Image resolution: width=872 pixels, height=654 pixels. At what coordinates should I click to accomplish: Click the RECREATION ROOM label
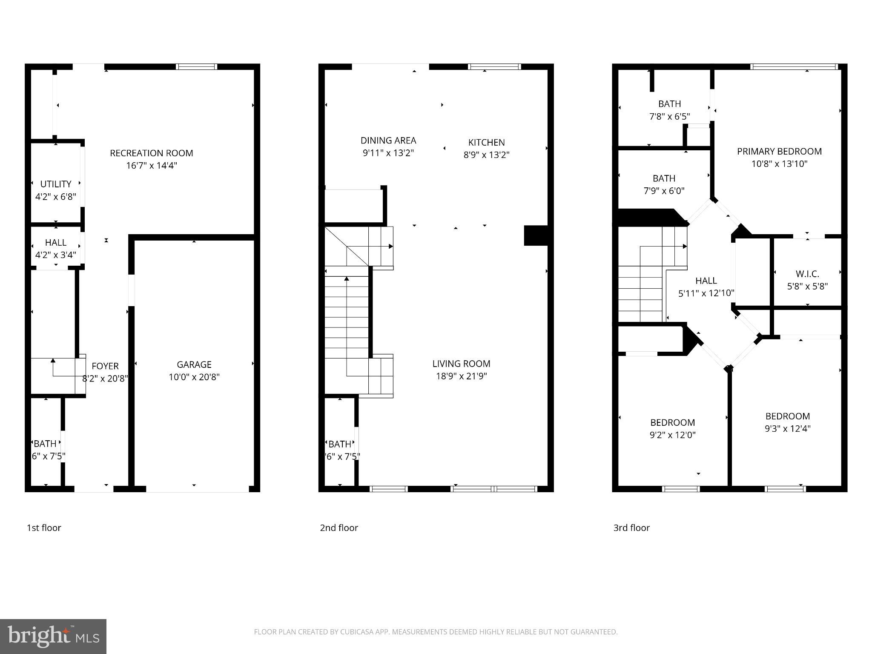(151, 153)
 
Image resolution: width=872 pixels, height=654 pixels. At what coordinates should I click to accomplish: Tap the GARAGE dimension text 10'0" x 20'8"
(194, 377)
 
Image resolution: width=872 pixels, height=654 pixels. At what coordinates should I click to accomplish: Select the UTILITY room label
(55, 184)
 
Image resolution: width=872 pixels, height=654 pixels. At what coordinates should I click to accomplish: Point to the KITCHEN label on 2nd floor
(486, 142)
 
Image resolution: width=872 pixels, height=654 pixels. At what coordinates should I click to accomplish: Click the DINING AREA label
(388, 140)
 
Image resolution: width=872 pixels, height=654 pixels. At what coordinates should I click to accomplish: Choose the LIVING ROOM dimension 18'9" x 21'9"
(461, 376)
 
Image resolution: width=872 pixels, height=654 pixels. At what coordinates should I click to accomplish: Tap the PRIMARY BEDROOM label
(779, 151)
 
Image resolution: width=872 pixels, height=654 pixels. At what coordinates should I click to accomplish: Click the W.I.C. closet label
(807, 274)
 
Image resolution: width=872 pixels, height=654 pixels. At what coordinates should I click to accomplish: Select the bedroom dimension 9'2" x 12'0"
(673, 435)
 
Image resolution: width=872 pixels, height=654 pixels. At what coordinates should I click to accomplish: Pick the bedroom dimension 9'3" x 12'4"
(787, 428)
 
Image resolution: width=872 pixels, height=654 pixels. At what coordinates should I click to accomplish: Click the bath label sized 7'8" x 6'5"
(669, 103)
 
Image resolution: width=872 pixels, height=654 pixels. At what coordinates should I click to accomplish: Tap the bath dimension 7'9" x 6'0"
(664, 191)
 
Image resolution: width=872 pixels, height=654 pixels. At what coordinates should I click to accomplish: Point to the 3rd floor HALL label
(706, 281)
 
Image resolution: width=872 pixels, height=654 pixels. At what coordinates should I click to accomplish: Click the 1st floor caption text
(44, 528)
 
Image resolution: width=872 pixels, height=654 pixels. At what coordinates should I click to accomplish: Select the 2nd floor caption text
(339, 528)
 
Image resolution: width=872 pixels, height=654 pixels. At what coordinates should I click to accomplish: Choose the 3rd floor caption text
(631, 528)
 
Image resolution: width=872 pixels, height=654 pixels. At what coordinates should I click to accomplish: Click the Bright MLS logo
(53, 636)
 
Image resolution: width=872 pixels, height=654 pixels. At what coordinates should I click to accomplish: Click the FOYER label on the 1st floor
(105, 366)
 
